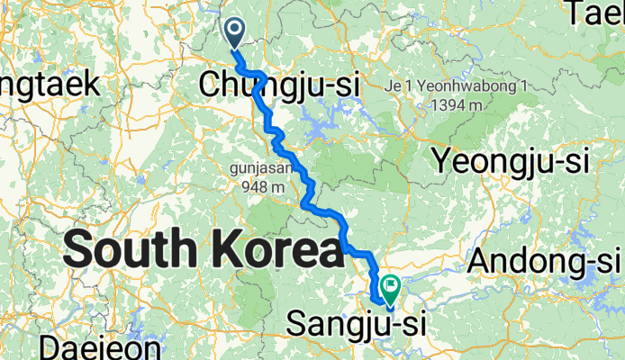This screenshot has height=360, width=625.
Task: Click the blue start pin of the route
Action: [234, 32]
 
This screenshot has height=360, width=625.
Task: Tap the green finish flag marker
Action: [392, 288]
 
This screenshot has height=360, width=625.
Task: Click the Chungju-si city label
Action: [278, 85]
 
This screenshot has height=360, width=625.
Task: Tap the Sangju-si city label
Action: [354, 323]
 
